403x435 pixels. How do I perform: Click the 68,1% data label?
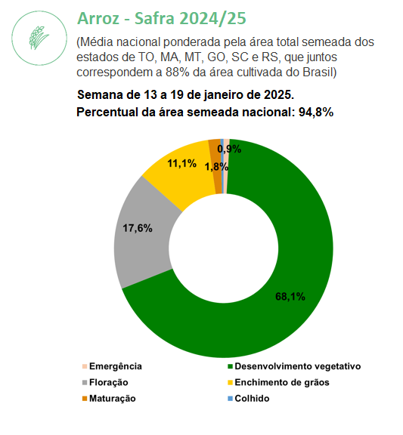tap(290, 297)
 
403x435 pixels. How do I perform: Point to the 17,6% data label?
tap(138, 228)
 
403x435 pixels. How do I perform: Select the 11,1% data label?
tap(181, 163)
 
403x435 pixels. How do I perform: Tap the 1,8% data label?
tap(216, 167)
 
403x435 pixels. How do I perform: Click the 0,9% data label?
tap(229, 149)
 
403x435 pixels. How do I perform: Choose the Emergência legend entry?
tap(112, 366)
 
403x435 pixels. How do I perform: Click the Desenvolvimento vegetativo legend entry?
tap(294, 366)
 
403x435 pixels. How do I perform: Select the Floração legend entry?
tap(105, 382)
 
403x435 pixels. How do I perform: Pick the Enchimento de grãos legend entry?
tap(278, 382)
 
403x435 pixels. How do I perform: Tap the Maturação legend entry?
tap(109, 399)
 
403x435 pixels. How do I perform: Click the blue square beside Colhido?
tap(230, 399)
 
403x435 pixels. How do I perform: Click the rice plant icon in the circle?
tap(39, 38)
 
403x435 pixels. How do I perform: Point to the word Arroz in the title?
tap(98, 19)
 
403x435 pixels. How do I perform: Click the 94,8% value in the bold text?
tap(316, 113)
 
